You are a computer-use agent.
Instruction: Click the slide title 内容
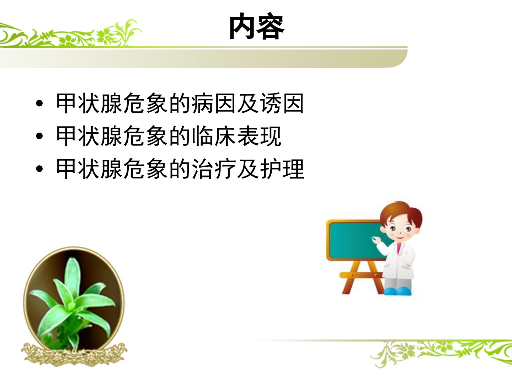(x=257, y=26)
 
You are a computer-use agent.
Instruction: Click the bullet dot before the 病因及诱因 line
(x=39, y=103)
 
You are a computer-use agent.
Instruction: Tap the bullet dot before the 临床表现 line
(x=39, y=136)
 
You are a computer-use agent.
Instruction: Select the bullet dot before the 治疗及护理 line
(x=39, y=169)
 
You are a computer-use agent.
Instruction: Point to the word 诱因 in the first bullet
(x=282, y=103)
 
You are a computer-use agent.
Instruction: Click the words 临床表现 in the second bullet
(x=236, y=136)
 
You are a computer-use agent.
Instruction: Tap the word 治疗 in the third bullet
(x=214, y=169)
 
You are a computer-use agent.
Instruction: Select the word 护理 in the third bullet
(x=282, y=169)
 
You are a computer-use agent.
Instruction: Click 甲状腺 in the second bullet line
(x=89, y=136)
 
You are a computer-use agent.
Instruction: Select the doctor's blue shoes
(x=398, y=291)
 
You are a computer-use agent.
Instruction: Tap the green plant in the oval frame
(x=72, y=303)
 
